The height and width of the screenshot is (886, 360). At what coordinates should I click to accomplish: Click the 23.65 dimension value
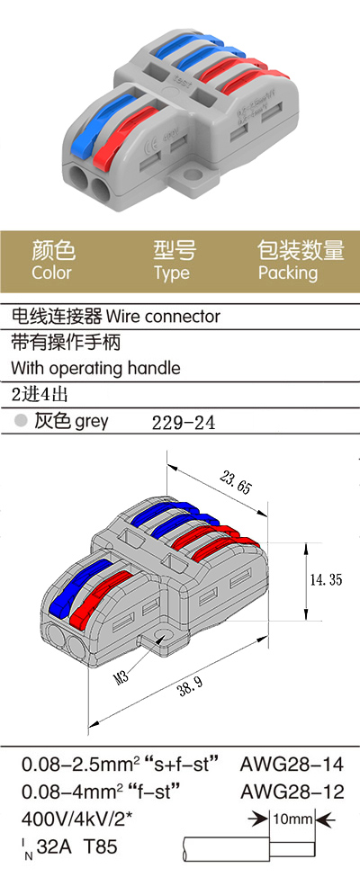tap(235, 483)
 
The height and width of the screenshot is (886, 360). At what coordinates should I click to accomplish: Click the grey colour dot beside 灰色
tap(21, 420)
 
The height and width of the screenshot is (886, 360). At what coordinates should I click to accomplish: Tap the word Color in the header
tap(52, 273)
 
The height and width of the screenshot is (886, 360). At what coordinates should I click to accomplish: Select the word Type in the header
tap(173, 273)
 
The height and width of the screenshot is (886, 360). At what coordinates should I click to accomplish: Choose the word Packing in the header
tap(288, 273)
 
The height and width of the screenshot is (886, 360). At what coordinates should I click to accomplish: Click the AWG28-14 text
tap(292, 765)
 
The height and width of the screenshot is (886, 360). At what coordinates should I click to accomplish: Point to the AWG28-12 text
tap(292, 792)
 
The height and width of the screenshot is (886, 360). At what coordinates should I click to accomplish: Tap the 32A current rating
tap(56, 846)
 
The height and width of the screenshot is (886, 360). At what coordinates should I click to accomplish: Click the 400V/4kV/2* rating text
tap(76, 819)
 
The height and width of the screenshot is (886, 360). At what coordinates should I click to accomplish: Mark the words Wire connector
tap(163, 316)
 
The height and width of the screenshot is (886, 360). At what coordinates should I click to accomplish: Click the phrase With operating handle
tap(96, 369)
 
